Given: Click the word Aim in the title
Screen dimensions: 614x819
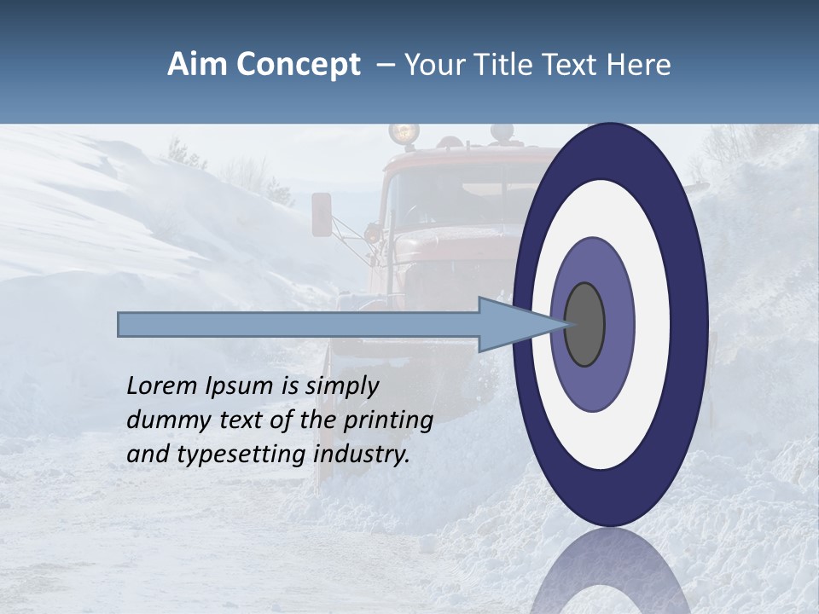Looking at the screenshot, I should point(197,65).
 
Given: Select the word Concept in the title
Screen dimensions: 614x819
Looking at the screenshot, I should point(298,65).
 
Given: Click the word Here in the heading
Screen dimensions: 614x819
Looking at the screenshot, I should point(640,65).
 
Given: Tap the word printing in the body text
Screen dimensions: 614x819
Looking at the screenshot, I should point(388,420).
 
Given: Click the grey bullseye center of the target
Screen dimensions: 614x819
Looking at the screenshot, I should point(585,325).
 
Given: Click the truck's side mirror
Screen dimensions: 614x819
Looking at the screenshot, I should point(322,214).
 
